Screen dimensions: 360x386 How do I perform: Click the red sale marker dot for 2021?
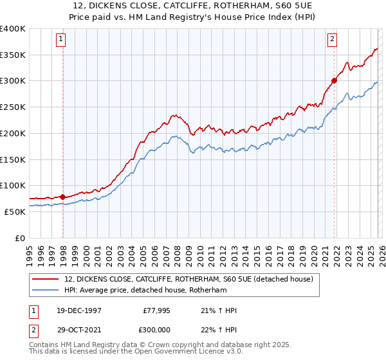335,80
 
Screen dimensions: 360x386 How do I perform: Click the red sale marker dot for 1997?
62,197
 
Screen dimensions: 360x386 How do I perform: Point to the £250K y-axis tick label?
12,107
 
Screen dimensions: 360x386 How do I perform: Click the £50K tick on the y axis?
15,212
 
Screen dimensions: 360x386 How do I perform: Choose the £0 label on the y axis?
20,238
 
